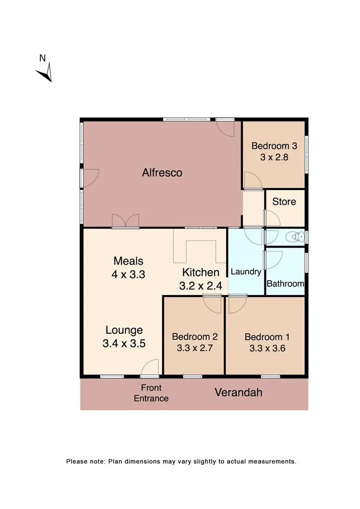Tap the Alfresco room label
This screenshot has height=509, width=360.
[162, 173]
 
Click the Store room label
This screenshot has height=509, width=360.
[284, 201]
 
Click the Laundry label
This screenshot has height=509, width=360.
[246, 272]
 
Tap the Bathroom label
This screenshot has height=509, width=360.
[285, 284]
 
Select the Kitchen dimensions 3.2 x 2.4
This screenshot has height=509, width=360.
[201, 287]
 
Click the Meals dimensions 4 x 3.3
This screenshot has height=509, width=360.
[128, 275]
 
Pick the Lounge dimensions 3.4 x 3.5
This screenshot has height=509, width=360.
[124, 343]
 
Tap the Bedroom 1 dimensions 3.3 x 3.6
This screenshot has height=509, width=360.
[267, 349]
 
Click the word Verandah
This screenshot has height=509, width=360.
[239, 392]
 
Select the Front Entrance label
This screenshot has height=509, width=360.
[151, 393]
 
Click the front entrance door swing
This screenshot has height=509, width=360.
[151, 367]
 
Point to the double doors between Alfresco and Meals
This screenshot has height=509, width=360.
[126, 221]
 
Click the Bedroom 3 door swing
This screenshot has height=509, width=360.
[252, 181]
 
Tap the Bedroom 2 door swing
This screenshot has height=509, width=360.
[212, 304]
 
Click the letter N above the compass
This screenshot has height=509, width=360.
[42, 59]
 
